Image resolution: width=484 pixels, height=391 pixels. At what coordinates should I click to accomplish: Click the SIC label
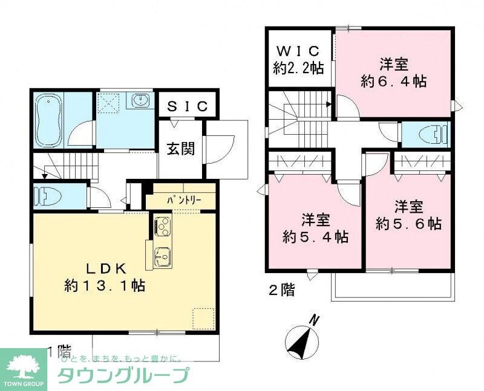pos(188,107)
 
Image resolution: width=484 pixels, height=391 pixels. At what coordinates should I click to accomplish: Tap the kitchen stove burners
pos(162,227)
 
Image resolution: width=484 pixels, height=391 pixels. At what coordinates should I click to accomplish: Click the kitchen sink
pos(162,256)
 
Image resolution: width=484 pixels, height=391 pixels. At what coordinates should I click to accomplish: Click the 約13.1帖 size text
pos(104,285)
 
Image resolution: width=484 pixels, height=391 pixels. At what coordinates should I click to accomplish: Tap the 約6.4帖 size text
pos(393,80)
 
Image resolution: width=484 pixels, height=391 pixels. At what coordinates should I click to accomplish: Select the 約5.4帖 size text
pos(316,236)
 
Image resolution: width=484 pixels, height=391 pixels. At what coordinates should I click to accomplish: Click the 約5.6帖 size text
pos(408,223)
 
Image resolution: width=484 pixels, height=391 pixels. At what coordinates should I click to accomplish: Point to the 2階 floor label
pos(281,290)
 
